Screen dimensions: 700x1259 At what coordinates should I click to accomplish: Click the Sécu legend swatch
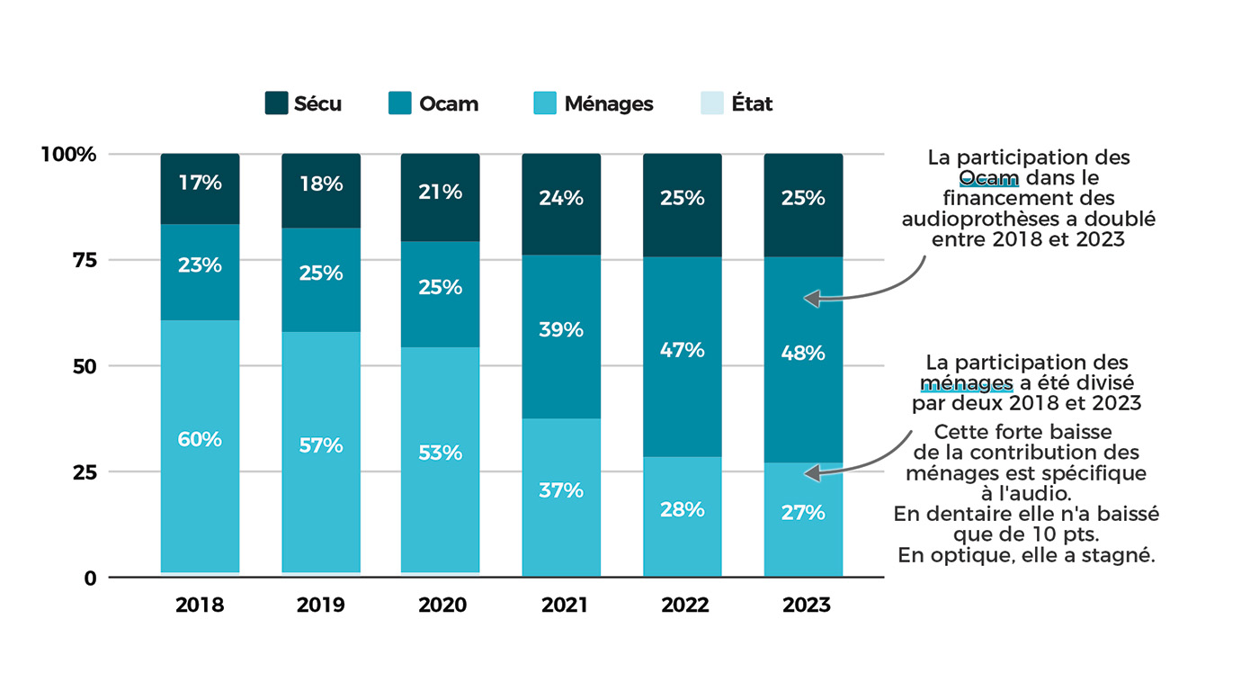click(x=276, y=103)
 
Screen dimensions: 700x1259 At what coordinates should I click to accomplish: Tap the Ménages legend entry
click(x=594, y=103)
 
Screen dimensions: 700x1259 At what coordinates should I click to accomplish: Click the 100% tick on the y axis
click(x=68, y=155)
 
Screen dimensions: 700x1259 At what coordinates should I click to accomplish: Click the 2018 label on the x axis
click(x=200, y=605)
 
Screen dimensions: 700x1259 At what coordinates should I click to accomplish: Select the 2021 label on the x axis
click(x=562, y=605)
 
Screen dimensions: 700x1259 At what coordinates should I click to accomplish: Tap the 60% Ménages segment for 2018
click(x=200, y=445)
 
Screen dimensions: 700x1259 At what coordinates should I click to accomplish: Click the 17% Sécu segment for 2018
click(x=200, y=189)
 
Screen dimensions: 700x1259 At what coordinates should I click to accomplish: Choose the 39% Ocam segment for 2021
click(x=562, y=337)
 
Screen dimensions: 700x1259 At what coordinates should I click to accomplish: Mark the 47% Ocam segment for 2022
click(x=683, y=356)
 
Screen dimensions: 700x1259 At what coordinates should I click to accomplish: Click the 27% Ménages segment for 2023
click(x=803, y=519)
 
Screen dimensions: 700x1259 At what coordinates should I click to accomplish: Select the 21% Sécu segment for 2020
click(x=441, y=197)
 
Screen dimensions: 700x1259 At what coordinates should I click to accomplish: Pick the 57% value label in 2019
click(x=321, y=445)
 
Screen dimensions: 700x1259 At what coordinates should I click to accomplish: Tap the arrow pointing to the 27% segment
click(x=863, y=459)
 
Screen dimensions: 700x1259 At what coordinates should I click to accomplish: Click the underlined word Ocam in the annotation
click(x=988, y=177)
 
